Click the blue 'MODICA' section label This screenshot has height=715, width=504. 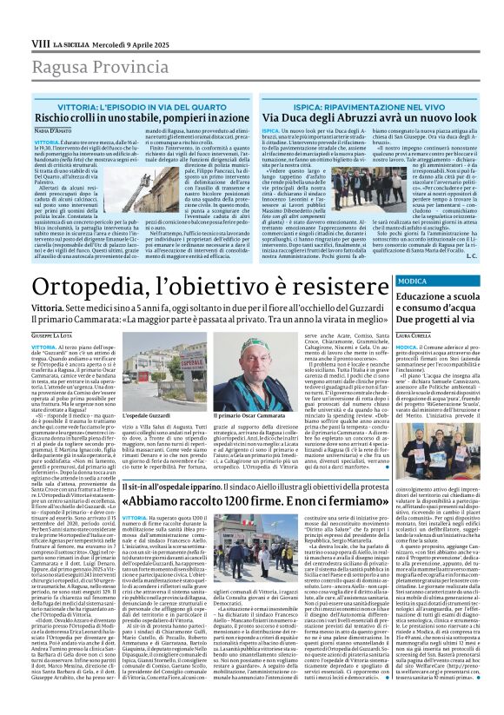pyautogui.click(x=412, y=282)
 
